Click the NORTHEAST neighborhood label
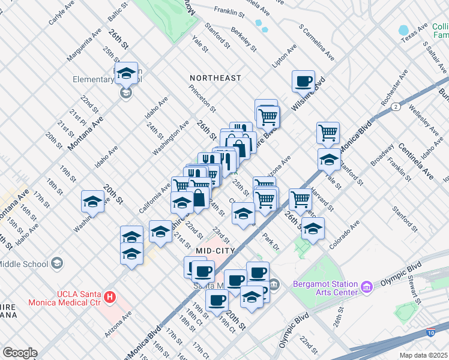pyautogui.click(x=215, y=78)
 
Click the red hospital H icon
pyautogui.click(x=109, y=296)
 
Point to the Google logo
pyautogui.click(x=19, y=353)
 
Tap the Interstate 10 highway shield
pyautogui.click(x=431, y=332)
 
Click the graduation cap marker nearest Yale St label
pyautogui.click(x=328, y=159)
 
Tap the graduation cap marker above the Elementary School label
pyautogui.click(x=126, y=73)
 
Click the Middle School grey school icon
pyautogui.click(x=56, y=263)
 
